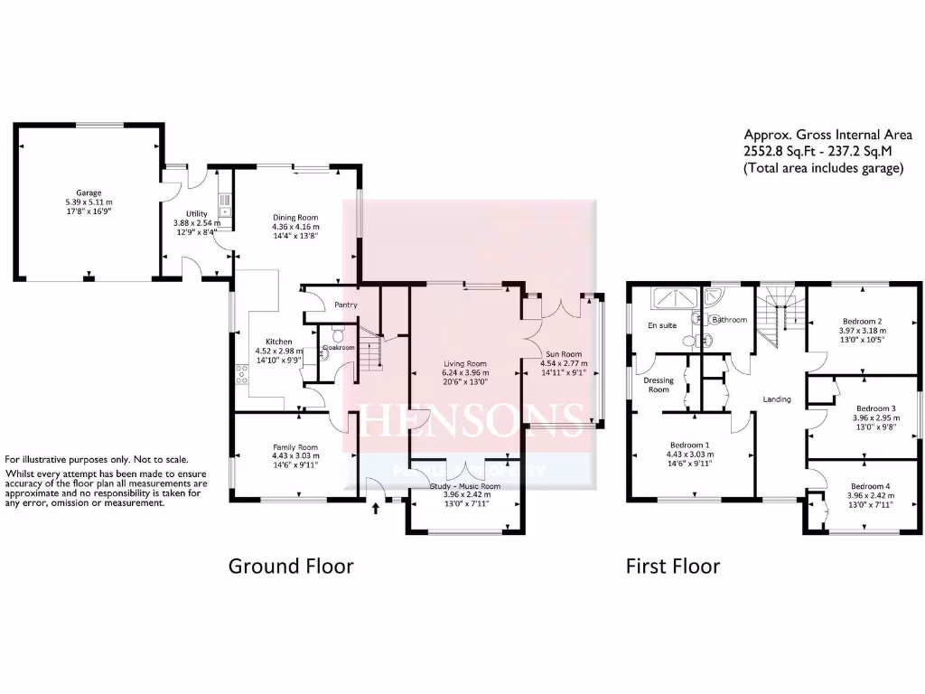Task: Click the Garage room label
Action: tap(88, 192)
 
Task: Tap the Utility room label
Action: tap(196, 213)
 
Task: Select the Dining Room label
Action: tap(296, 217)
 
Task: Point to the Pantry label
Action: tap(346, 305)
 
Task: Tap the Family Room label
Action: tap(295, 447)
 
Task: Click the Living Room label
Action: tap(464, 363)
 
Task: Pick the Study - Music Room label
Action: tap(464, 486)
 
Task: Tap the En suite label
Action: tap(662, 324)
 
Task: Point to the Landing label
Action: tap(777, 399)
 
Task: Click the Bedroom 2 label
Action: tap(862, 321)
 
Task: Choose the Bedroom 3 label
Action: tap(875, 408)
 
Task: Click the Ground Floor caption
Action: tap(290, 567)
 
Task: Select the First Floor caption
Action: tap(673, 567)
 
